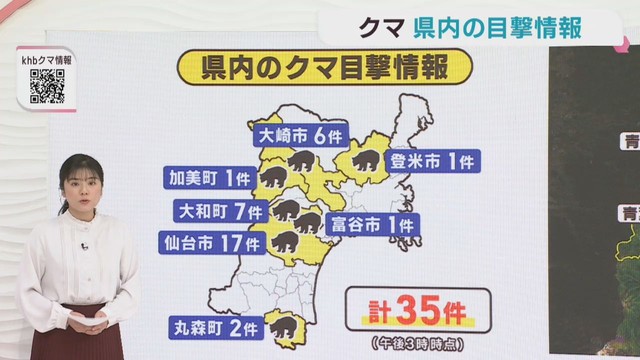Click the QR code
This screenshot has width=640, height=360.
47,87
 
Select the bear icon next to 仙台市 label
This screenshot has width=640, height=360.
282,241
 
